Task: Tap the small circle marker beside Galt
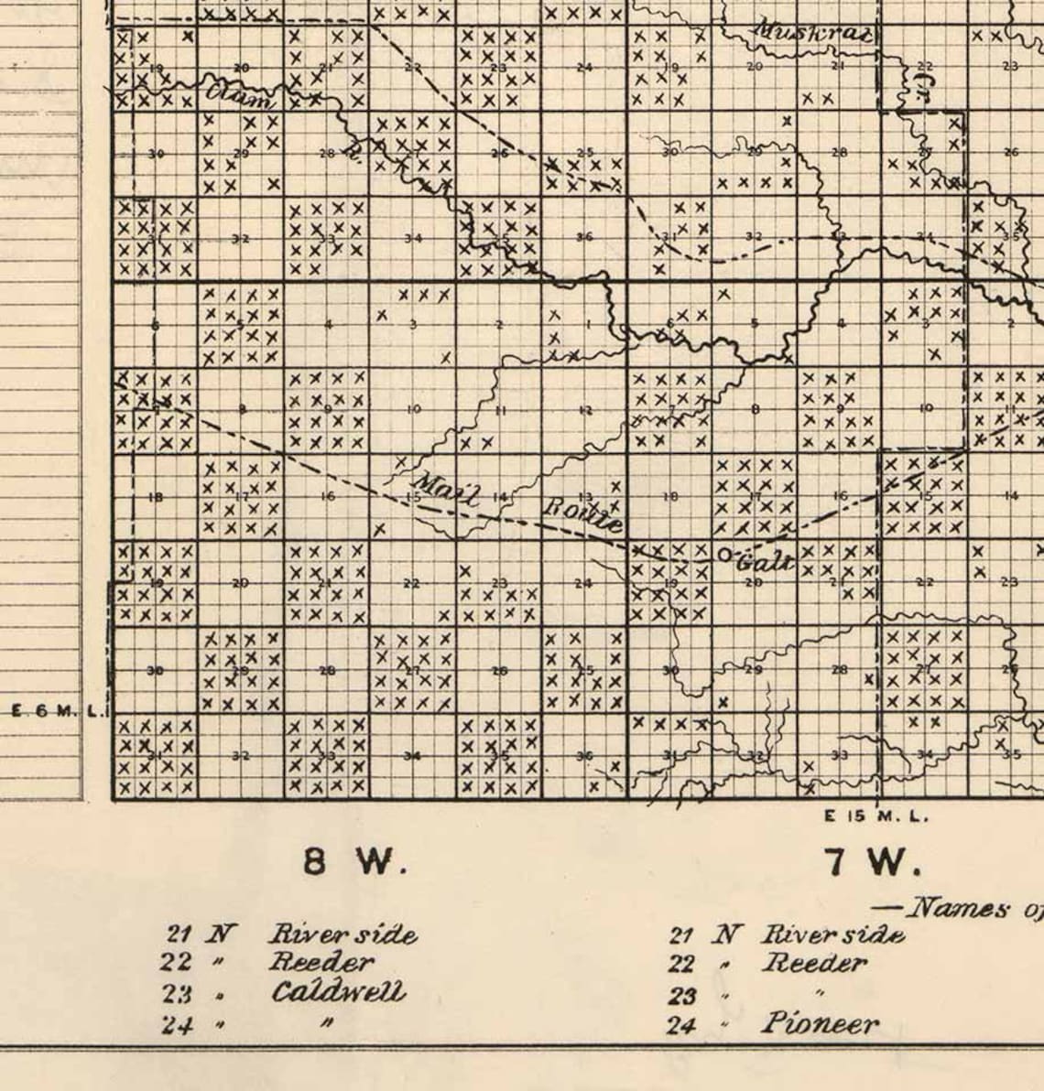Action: coord(724,555)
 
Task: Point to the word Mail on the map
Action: coord(447,491)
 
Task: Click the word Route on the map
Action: coord(583,513)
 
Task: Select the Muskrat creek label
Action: coord(810,33)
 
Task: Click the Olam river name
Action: coord(239,94)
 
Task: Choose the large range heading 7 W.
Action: coord(872,861)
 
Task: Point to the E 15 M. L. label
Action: coord(876,816)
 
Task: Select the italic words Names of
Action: coord(957,908)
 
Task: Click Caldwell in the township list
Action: coord(337,993)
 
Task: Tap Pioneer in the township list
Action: coord(820,1023)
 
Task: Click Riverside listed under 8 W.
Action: coord(343,934)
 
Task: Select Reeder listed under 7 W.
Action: coord(815,963)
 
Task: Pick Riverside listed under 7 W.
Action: coord(832,934)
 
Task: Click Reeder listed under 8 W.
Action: coord(321,963)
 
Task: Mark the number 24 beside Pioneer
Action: coord(681,1025)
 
